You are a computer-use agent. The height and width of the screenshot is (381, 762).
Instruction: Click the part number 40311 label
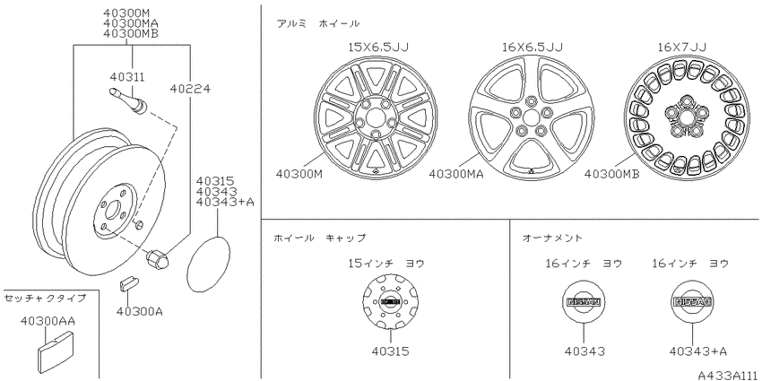click(127, 77)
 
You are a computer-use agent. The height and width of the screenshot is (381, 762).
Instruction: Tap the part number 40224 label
click(190, 88)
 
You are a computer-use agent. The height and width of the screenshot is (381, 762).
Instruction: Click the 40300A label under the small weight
click(139, 310)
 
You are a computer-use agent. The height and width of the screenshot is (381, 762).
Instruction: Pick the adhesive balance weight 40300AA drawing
click(56, 351)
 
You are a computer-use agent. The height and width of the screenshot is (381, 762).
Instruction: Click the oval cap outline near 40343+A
click(208, 264)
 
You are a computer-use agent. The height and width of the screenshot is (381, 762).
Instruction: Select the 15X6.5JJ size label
click(378, 47)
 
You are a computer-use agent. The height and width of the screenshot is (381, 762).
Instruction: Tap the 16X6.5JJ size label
click(533, 47)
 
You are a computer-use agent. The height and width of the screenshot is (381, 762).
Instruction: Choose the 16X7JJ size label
click(682, 47)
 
